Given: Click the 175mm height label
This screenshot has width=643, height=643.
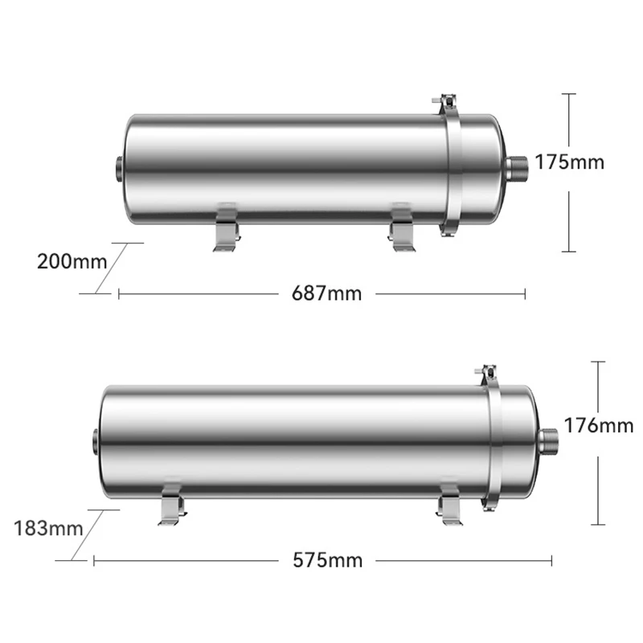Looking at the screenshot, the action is (570, 162).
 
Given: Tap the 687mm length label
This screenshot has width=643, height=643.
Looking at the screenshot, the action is (327, 293).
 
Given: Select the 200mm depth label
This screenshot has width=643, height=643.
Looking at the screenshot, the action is (72, 262).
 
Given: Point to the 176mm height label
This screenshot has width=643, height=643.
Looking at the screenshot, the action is (599, 425).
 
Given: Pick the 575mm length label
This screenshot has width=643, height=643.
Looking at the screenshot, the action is (328, 560).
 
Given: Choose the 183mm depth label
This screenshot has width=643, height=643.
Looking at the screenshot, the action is (49, 528).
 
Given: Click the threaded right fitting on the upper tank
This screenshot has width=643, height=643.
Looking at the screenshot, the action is (516, 170).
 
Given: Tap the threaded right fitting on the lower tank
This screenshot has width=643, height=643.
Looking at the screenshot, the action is (548, 441).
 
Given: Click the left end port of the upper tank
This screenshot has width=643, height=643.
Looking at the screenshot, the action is (119, 169).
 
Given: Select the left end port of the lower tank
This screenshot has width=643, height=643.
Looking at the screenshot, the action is (96, 441).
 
